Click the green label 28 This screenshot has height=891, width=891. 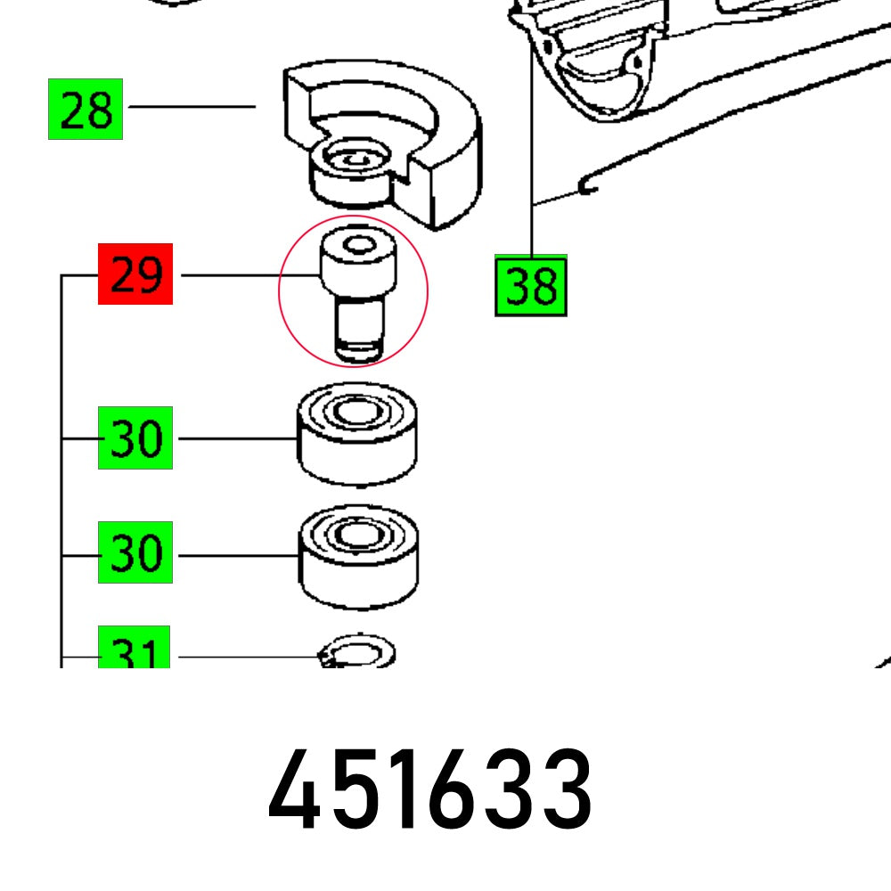tap(86, 109)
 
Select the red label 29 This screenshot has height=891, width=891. tap(135, 274)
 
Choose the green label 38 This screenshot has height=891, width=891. tap(531, 286)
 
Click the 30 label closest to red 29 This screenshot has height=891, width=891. tap(135, 437)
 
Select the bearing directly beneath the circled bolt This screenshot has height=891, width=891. tap(357, 436)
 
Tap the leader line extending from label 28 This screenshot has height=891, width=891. tap(192, 107)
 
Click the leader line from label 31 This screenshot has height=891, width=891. tap(249, 658)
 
